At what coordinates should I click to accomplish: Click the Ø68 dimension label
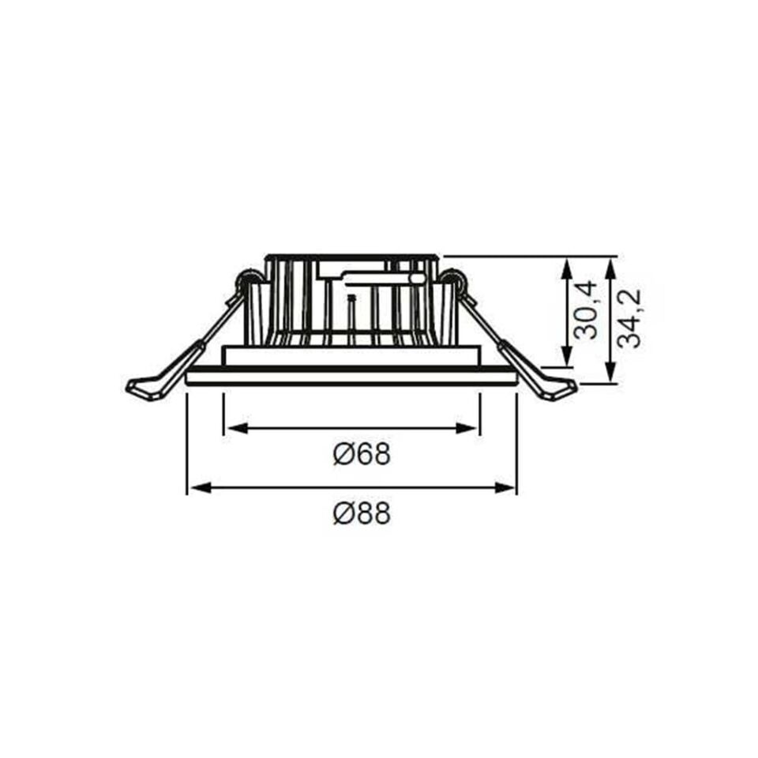tap(362, 455)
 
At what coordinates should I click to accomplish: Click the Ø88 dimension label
tap(362, 515)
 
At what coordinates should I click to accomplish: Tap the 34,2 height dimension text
tap(629, 318)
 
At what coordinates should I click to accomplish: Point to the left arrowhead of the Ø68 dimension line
tap(232, 428)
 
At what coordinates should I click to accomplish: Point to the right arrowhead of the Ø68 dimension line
tap(471, 428)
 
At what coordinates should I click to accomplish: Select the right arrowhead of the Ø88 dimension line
tap(508, 488)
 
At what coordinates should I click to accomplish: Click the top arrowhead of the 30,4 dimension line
tap(566, 265)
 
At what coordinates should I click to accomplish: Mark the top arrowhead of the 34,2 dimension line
tap(610, 265)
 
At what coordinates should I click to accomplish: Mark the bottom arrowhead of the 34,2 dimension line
tap(610, 376)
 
